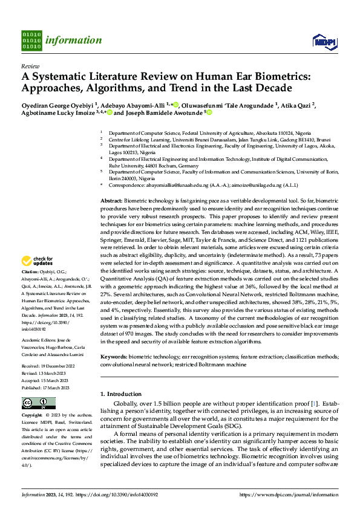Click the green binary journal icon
31,40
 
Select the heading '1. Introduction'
120,394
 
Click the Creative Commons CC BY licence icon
39,403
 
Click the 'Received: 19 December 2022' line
48,366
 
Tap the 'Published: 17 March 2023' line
47,387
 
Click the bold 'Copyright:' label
32,416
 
